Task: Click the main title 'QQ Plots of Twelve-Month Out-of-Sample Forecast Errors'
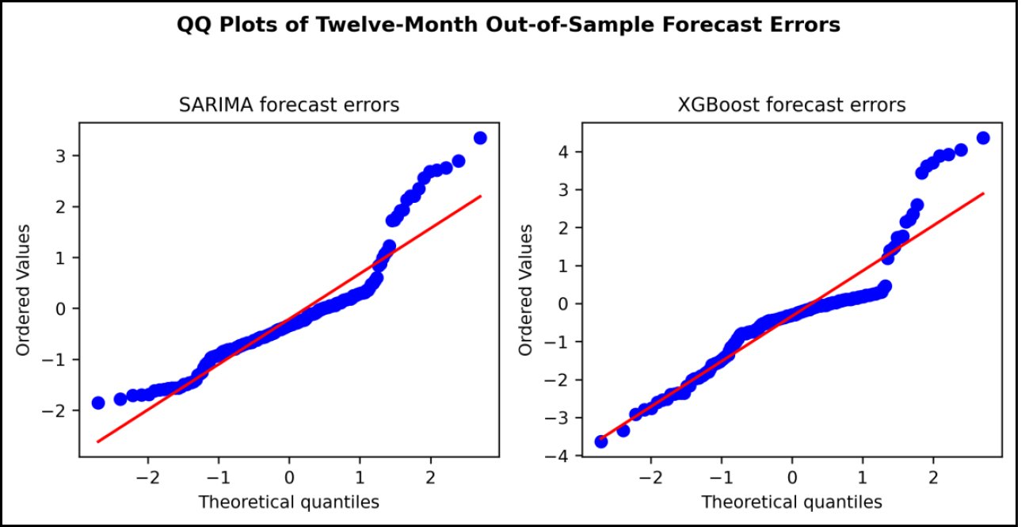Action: click(x=509, y=25)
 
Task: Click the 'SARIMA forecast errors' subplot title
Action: click(x=289, y=105)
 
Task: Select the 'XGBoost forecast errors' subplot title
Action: click(x=792, y=105)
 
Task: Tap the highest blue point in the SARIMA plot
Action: click(x=480, y=138)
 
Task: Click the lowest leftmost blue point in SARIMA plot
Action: click(x=98, y=403)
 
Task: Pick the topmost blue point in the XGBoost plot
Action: click(x=983, y=138)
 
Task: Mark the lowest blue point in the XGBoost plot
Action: click(x=601, y=442)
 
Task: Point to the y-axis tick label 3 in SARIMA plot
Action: click(x=61, y=156)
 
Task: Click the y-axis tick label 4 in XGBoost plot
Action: click(x=564, y=152)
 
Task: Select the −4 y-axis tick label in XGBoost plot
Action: click(x=557, y=456)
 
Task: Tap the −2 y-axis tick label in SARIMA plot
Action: click(x=54, y=411)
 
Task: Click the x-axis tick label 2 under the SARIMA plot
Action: click(x=430, y=478)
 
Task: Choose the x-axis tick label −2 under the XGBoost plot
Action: click(x=651, y=478)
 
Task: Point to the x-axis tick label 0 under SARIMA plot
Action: click(x=289, y=478)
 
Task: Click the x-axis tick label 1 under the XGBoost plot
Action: click(x=863, y=478)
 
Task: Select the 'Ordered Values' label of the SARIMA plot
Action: click(x=23, y=290)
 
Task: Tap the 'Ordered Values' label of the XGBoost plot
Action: click(x=525, y=290)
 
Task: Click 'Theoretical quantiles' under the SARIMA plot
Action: click(x=289, y=502)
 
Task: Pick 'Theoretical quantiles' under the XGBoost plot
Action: click(x=792, y=502)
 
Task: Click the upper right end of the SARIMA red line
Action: click(x=481, y=197)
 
